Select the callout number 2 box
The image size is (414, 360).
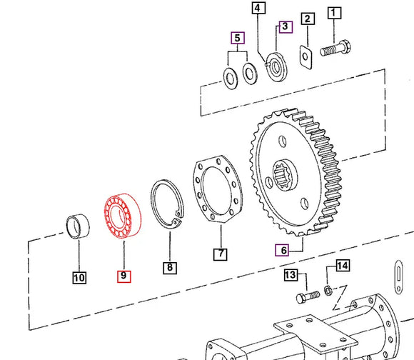coord(307,19)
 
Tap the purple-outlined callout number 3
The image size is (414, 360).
coord(285,26)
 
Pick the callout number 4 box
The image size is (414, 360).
coord(257,9)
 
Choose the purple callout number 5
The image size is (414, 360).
coord(237,36)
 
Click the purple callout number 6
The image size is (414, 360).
coord(283,249)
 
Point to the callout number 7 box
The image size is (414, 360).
coord(221,254)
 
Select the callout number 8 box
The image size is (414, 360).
coord(169,268)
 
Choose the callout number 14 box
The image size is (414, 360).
coord(343,266)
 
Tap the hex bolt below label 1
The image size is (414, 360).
coord(336,51)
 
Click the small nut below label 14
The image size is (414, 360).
coord(327,290)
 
